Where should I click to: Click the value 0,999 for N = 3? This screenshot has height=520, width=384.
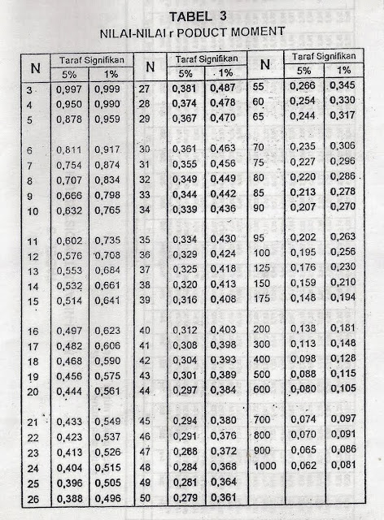point(107,89)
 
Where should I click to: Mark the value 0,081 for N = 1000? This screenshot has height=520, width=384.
point(341,466)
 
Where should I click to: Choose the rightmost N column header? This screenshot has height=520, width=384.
point(264,63)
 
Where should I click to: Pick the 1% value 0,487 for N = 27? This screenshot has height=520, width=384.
point(223,89)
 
